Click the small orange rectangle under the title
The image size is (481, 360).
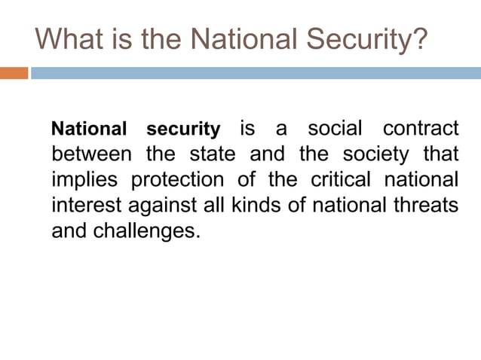(14, 73)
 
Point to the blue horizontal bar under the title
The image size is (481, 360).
(255, 73)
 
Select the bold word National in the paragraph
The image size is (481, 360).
(89, 129)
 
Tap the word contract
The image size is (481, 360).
(421, 129)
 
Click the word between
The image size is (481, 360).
(91, 155)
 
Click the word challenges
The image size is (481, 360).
(146, 230)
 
